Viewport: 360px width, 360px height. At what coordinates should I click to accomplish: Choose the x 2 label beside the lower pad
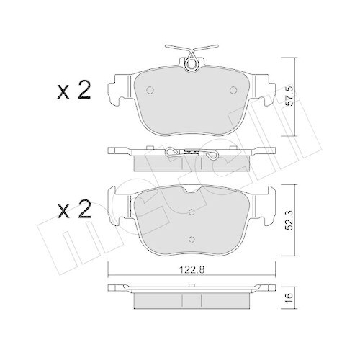pos(73,210)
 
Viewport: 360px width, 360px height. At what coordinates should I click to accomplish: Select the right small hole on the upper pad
pos(233,91)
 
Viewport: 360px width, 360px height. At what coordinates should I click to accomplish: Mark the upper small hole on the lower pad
pos(191,212)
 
